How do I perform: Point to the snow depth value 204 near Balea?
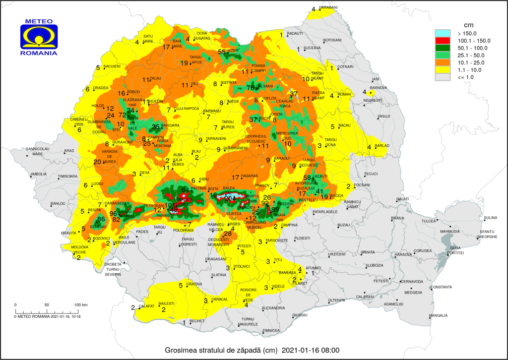(230, 198)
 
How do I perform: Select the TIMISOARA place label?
(68, 177)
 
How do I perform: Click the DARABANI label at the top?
(328, 8)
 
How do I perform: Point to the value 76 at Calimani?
(250, 88)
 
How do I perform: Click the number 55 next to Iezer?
(222, 52)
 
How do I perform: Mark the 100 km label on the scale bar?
(81, 304)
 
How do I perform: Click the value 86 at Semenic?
(101, 219)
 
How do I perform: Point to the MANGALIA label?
(438, 315)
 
